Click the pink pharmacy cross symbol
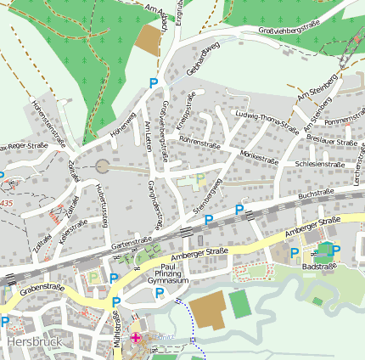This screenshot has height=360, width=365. pos(136,339)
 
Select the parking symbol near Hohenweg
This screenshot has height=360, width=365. pos(154,83)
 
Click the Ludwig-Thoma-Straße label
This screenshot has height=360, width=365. pos(267,124)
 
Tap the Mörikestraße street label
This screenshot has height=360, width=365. pos(259,157)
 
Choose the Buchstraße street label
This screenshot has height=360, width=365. pos(314,194)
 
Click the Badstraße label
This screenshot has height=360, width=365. pos(319,266)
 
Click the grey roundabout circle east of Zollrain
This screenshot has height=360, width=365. pos(103,167)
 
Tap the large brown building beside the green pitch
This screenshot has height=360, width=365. pos(206,312)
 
